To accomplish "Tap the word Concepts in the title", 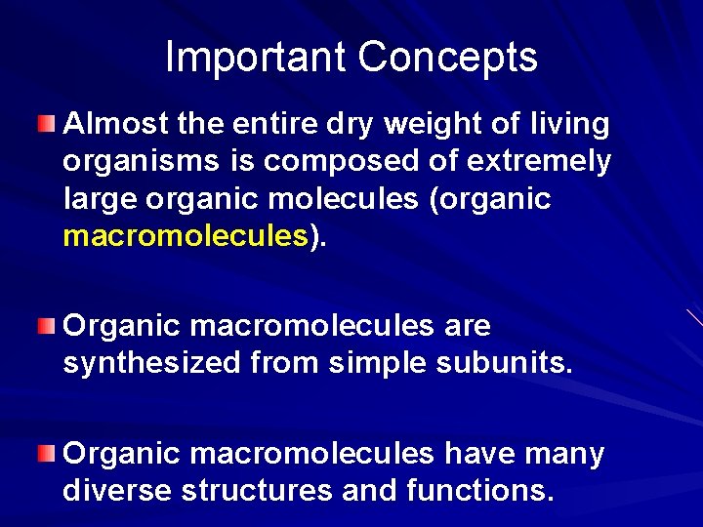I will click(x=447, y=58).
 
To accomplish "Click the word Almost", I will click(x=114, y=124).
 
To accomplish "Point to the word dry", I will click(x=347, y=125).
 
